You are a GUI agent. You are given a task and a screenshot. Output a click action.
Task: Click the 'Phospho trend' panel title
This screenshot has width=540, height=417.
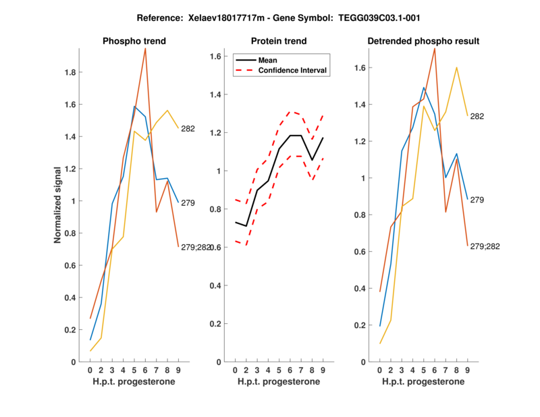[x=134, y=41]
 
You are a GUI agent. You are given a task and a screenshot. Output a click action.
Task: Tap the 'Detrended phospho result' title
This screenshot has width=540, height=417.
[x=423, y=41]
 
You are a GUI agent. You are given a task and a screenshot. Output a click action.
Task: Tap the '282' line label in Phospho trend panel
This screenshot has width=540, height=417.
[x=188, y=128]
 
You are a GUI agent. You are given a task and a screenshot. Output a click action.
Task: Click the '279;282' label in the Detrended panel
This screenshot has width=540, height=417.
[x=485, y=247]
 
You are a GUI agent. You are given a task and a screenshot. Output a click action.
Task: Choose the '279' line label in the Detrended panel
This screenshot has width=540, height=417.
[x=477, y=200]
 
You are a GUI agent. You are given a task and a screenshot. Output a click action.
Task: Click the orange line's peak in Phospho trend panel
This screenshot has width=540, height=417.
[x=145, y=49]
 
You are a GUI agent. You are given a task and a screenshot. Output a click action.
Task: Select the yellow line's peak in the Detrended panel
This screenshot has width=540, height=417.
[x=457, y=67]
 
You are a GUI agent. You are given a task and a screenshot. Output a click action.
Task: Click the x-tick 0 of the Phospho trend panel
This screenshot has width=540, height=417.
[x=90, y=370]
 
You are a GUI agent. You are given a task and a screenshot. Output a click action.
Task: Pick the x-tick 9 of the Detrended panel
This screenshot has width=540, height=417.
[x=468, y=370]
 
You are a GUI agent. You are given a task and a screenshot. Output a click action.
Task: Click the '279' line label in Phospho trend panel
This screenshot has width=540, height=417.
[x=188, y=202]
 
